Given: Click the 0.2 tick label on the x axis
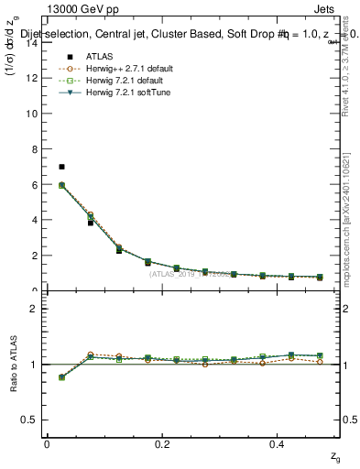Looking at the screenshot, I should (x=162, y=444).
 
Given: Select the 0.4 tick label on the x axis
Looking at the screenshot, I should (x=278, y=444).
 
